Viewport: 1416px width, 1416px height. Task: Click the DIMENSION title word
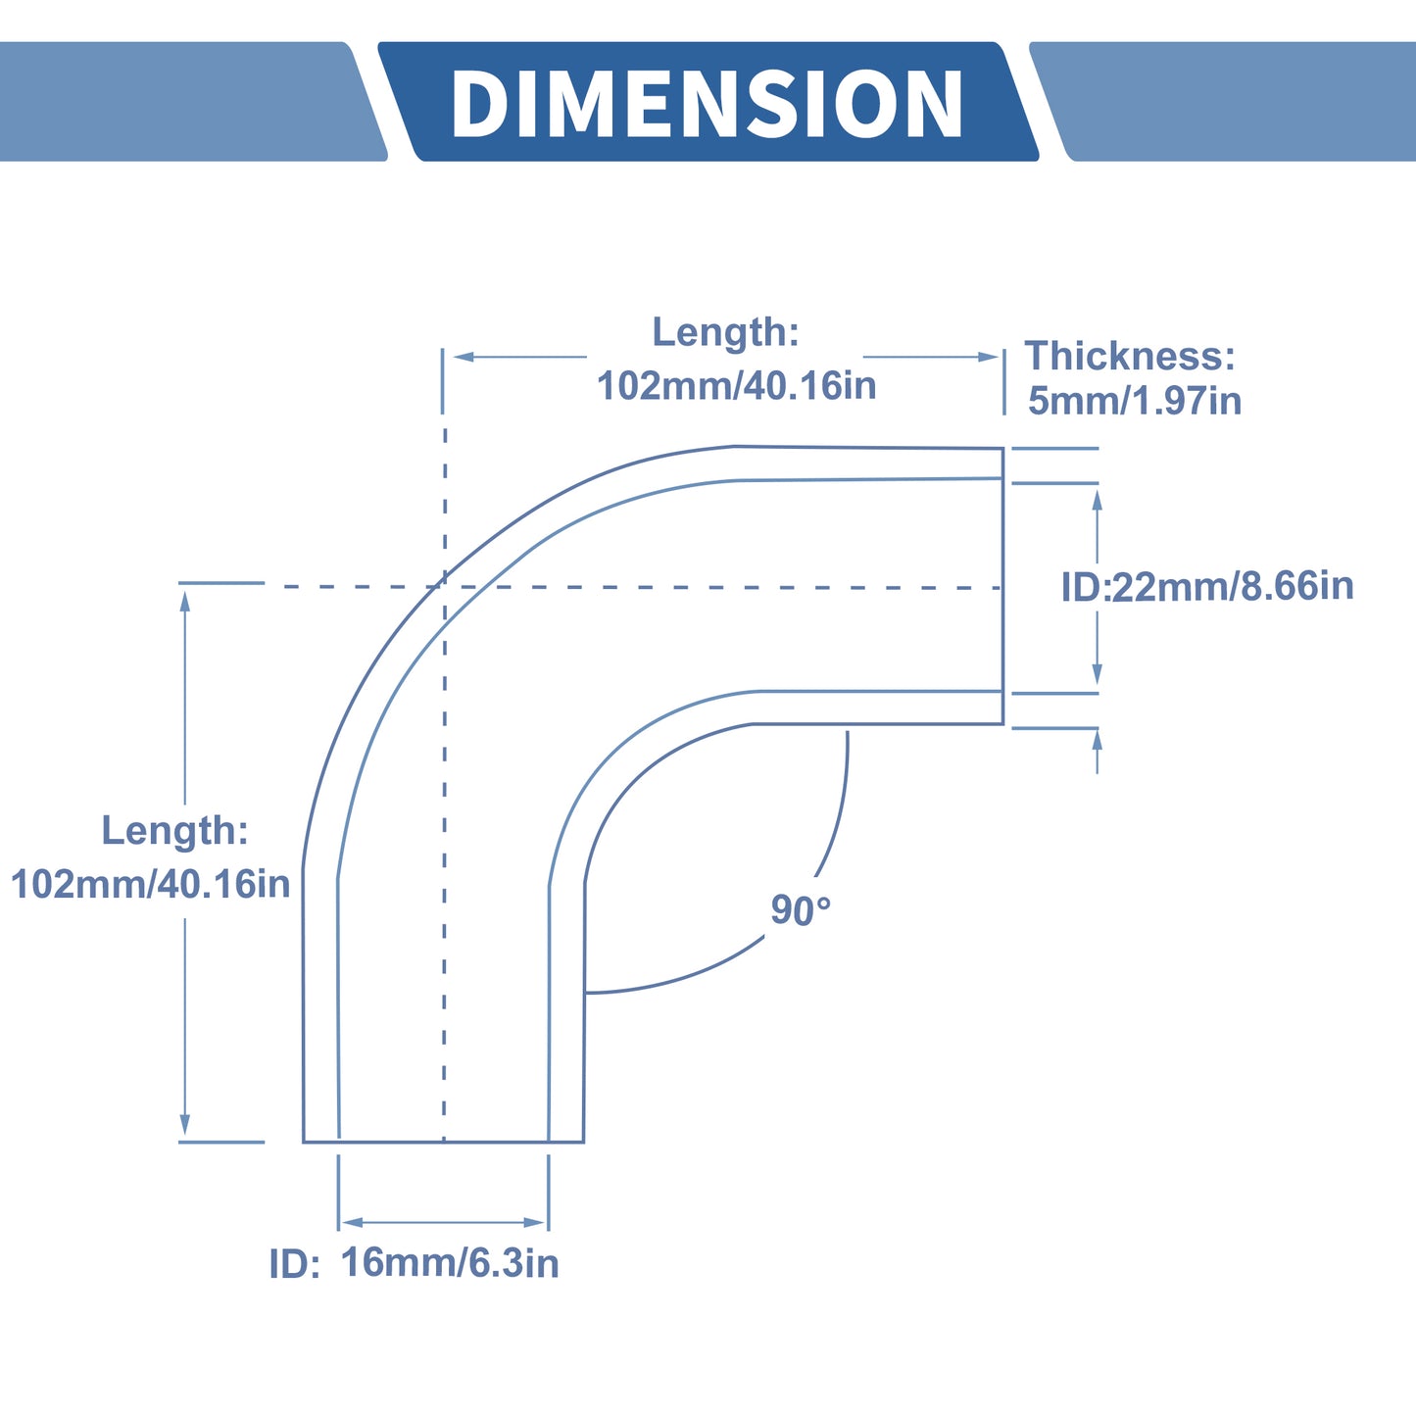(707, 104)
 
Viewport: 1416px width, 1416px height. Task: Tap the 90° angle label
(801, 909)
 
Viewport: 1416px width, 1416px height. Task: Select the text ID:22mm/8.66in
(1206, 586)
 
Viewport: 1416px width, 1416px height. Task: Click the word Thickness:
(1130, 356)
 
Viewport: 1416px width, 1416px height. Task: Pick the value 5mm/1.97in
(1135, 401)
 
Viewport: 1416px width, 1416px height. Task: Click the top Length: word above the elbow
(725, 331)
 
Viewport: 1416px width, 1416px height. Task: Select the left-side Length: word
(174, 830)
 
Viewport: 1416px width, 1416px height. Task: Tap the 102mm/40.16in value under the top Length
(736, 386)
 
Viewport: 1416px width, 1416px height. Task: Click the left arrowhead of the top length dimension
(464, 357)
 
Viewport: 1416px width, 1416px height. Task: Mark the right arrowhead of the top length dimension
(988, 357)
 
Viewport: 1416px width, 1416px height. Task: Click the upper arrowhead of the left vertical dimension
(185, 601)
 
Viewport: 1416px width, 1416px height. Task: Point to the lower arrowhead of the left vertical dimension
(185, 1124)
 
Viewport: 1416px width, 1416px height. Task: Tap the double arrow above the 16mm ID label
(443, 1223)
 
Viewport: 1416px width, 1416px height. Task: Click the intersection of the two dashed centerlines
(445, 586)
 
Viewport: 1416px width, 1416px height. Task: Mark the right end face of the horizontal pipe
(1003, 586)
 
